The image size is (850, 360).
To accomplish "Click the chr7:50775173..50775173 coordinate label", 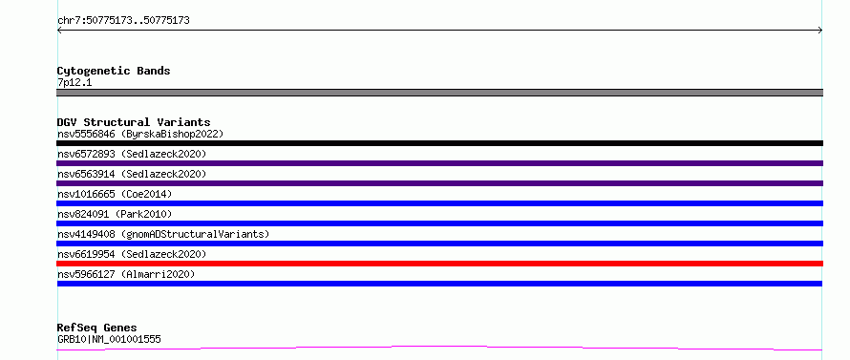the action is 123,21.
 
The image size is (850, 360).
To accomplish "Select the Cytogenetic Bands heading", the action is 114,71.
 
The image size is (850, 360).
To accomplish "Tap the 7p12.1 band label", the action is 74,83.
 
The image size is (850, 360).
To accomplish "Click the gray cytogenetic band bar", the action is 439,93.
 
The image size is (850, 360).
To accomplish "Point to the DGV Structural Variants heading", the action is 134,122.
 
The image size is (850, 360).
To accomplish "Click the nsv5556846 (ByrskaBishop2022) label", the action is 140,134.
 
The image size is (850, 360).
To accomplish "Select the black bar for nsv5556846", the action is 439,143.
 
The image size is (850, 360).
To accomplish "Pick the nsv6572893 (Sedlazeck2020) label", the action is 132,154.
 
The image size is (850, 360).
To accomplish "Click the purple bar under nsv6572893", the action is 439,163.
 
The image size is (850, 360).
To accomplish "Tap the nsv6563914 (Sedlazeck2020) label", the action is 132,174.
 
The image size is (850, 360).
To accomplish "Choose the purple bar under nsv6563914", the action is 439,183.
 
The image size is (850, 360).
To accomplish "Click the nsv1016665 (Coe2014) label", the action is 115,194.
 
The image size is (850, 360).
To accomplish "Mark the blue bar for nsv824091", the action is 439,223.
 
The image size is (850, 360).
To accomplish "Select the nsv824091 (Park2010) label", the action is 115,214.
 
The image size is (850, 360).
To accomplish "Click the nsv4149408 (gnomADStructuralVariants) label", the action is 163,234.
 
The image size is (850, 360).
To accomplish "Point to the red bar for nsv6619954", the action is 439,264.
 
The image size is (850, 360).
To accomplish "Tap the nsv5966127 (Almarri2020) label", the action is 126,274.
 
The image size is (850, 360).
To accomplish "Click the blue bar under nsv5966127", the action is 439,284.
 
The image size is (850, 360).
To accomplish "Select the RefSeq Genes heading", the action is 97,328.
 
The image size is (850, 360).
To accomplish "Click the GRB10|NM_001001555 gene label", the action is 109,339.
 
